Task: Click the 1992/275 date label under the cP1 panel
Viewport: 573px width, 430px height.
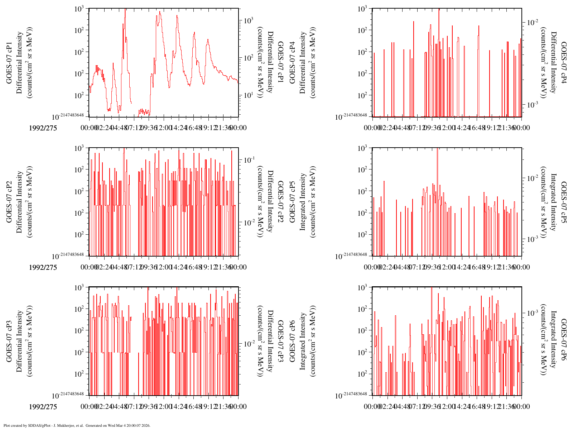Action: (x=43, y=128)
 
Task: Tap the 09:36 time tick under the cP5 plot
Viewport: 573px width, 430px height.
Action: (x=432, y=267)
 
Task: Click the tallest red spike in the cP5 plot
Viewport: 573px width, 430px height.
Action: (x=437, y=150)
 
